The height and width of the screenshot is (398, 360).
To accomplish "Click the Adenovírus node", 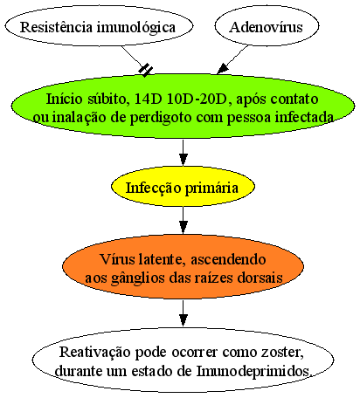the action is (x=267, y=26).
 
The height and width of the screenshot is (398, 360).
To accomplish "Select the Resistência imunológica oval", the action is (x=99, y=26).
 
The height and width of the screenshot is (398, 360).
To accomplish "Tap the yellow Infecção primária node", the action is (x=183, y=187).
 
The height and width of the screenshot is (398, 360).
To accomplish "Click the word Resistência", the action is (x=56, y=27).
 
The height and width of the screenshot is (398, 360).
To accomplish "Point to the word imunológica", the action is (x=136, y=28).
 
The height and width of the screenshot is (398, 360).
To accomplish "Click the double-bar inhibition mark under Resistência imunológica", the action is (x=146, y=70).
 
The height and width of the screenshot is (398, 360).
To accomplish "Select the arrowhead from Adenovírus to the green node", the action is (x=224, y=69).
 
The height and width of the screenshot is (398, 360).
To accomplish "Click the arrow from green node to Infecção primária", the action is (x=183, y=153).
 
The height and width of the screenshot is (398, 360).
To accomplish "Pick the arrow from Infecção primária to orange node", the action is (x=183, y=220).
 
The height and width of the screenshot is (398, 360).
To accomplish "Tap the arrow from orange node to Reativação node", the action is (x=183, y=313).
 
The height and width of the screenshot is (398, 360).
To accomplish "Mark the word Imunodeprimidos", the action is (x=253, y=372).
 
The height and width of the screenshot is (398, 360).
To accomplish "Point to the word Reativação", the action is (x=95, y=353).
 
